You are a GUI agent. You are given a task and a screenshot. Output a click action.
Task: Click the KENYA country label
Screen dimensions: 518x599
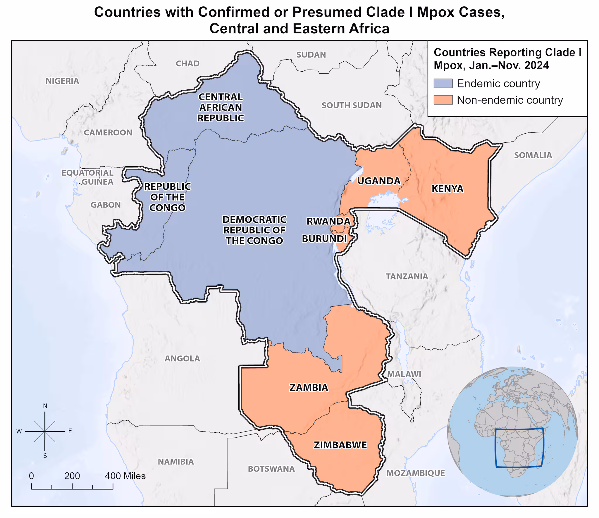tap(447, 189)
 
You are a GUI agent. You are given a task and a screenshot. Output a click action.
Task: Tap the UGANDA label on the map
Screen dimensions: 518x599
tap(378, 181)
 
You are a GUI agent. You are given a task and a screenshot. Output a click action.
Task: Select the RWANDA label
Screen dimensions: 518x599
tap(328, 221)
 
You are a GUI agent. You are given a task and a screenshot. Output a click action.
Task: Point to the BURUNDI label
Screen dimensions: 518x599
tap(324, 239)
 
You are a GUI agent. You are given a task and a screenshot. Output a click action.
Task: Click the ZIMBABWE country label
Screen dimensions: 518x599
tap(340, 445)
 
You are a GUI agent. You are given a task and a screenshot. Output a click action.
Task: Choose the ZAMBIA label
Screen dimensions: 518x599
tap(309, 388)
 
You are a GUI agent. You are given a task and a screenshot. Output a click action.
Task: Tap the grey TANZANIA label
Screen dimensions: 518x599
tap(407, 277)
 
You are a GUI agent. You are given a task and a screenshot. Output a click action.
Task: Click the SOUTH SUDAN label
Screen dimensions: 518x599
tap(352, 106)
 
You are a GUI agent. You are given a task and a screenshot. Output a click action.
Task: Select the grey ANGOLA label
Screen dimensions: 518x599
tap(182, 359)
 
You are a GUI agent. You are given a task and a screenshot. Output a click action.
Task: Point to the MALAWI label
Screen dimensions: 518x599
tap(404, 374)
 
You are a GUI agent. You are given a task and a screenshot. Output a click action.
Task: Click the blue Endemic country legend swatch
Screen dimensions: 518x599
tap(443, 84)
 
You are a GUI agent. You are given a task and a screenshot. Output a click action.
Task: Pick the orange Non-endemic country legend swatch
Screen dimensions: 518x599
tap(443, 100)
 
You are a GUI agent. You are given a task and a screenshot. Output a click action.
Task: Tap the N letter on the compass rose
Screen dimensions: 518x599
tap(45, 406)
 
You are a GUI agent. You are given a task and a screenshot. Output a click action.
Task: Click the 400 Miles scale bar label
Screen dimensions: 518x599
tap(125, 476)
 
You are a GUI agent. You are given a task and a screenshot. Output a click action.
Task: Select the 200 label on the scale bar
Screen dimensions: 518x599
tap(72, 476)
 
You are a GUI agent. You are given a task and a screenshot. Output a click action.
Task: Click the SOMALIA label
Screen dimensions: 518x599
tap(533, 155)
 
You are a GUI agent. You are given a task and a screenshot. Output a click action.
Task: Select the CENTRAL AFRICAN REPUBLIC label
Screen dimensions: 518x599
tap(221, 108)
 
